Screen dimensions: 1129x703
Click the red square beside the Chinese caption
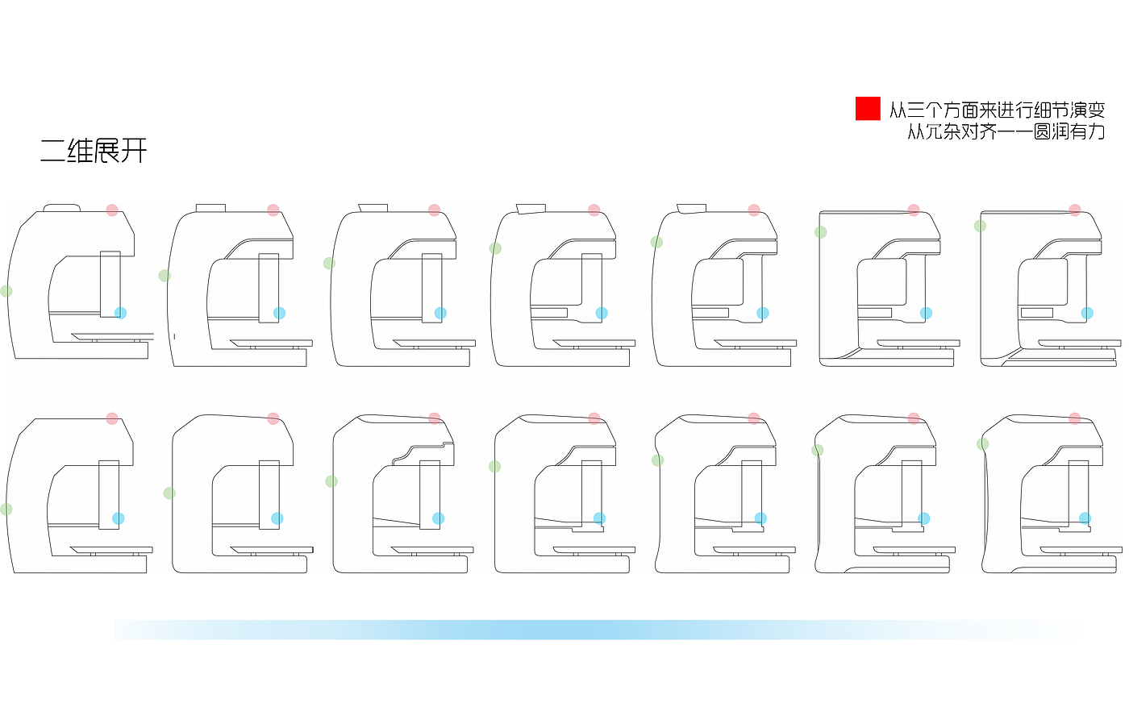[x=868, y=108]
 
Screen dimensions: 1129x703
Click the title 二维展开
[x=94, y=151]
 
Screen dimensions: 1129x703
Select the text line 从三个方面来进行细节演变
[x=997, y=110]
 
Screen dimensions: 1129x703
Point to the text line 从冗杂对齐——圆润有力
[x=1006, y=131]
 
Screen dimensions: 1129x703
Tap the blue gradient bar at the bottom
[x=597, y=630]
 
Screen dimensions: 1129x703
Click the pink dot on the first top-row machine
[x=112, y=210]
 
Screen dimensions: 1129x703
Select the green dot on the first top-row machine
[x=6, y=291]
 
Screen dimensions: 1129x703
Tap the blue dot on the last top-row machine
[x=1087, y=313]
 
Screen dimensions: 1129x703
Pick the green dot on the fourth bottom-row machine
[x=494, y=466]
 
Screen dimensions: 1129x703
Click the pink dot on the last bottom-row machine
[x=1074, y=418]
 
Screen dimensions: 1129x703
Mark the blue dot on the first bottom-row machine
[x=119, y=518]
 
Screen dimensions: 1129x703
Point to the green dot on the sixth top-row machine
[x=820, y=232]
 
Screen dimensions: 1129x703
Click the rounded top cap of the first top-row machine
[x=62, y=207]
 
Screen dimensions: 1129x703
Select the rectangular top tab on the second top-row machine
[x=210, y=208]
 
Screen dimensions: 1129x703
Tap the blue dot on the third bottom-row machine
[x=438, y=518]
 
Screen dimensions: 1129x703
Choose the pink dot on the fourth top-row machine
[x=594, y=210]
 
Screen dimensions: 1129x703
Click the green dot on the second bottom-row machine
[x=169, y=493]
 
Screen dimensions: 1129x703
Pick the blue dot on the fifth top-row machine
[x=763, y=313]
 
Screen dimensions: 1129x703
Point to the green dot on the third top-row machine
[x=329, y=264]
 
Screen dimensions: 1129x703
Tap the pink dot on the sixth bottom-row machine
[x=914, y=418]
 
